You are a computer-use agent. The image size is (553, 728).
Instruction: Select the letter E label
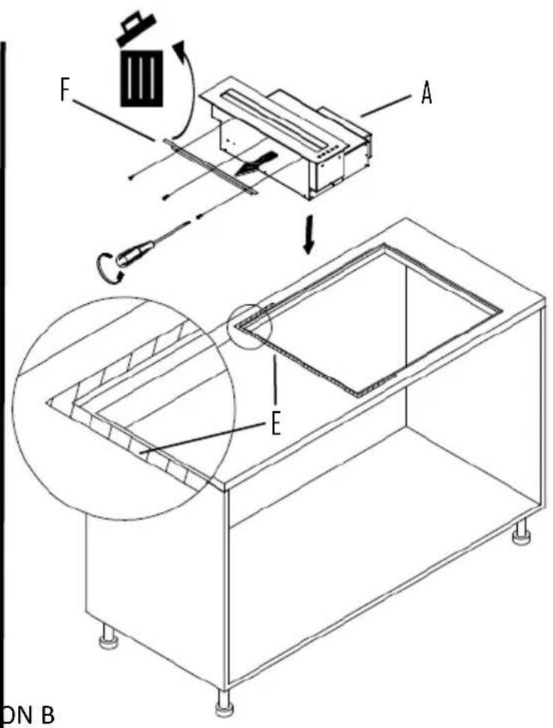click(275, 426)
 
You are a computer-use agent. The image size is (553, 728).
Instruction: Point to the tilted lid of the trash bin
click(134, 29)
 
